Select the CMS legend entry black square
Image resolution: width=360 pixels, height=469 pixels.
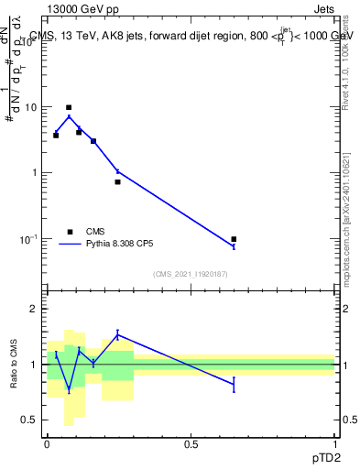pos(70,232)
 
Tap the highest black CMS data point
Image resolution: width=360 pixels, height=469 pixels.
pos(69,107)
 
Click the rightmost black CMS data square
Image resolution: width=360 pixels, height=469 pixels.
pos(234,239)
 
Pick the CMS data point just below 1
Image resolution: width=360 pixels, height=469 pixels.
pos(117,181)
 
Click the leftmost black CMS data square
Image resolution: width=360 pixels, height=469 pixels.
pos(56,135)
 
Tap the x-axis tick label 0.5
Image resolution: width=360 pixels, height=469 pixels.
pos(191,442)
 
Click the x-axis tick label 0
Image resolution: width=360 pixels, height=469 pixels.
pos(47,442)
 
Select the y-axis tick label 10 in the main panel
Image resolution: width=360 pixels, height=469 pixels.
pos(30,107)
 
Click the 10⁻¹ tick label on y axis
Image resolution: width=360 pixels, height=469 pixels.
pos(28,239)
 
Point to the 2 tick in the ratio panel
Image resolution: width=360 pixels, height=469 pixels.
pos(36,309)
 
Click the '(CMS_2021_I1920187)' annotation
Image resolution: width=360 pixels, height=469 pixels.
pos(190,274)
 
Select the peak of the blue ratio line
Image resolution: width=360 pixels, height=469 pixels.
pos(117,333)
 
